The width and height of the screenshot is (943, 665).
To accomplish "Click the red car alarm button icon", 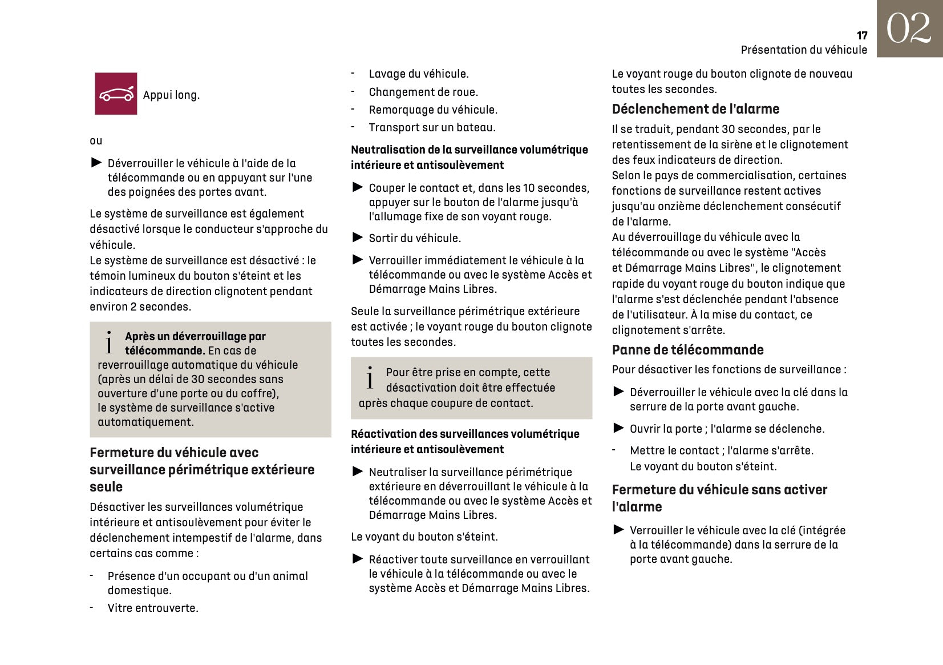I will point(116,94).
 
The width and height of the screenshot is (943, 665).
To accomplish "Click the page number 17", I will point(861,36).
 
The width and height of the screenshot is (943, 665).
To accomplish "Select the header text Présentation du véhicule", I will point(803,50).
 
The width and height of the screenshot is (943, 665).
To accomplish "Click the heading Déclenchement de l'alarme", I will point(695,109).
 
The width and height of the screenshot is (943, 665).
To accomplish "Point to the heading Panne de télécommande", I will point(687,350).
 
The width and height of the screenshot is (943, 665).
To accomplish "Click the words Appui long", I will point(171,95).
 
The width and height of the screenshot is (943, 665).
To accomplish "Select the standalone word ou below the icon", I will point(96,140).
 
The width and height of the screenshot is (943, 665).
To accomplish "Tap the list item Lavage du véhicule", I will point(418,74).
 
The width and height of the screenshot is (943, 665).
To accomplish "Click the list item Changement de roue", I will point(423,92).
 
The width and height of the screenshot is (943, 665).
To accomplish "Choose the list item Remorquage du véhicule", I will point(432,110).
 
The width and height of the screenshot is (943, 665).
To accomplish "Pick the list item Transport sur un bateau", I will point(432,127).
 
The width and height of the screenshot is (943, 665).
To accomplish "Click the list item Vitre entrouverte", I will point(153,608).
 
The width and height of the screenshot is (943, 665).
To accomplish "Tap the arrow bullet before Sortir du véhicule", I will point(358,237).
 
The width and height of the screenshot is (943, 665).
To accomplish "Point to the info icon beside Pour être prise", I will point(370,378).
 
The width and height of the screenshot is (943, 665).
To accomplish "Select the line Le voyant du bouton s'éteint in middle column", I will point(424,537).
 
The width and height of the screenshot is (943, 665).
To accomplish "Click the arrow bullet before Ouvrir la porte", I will point(618,428).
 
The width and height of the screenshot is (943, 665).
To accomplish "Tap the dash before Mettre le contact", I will point(614,450).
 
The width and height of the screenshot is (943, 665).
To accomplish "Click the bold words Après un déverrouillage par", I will point(195,336).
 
